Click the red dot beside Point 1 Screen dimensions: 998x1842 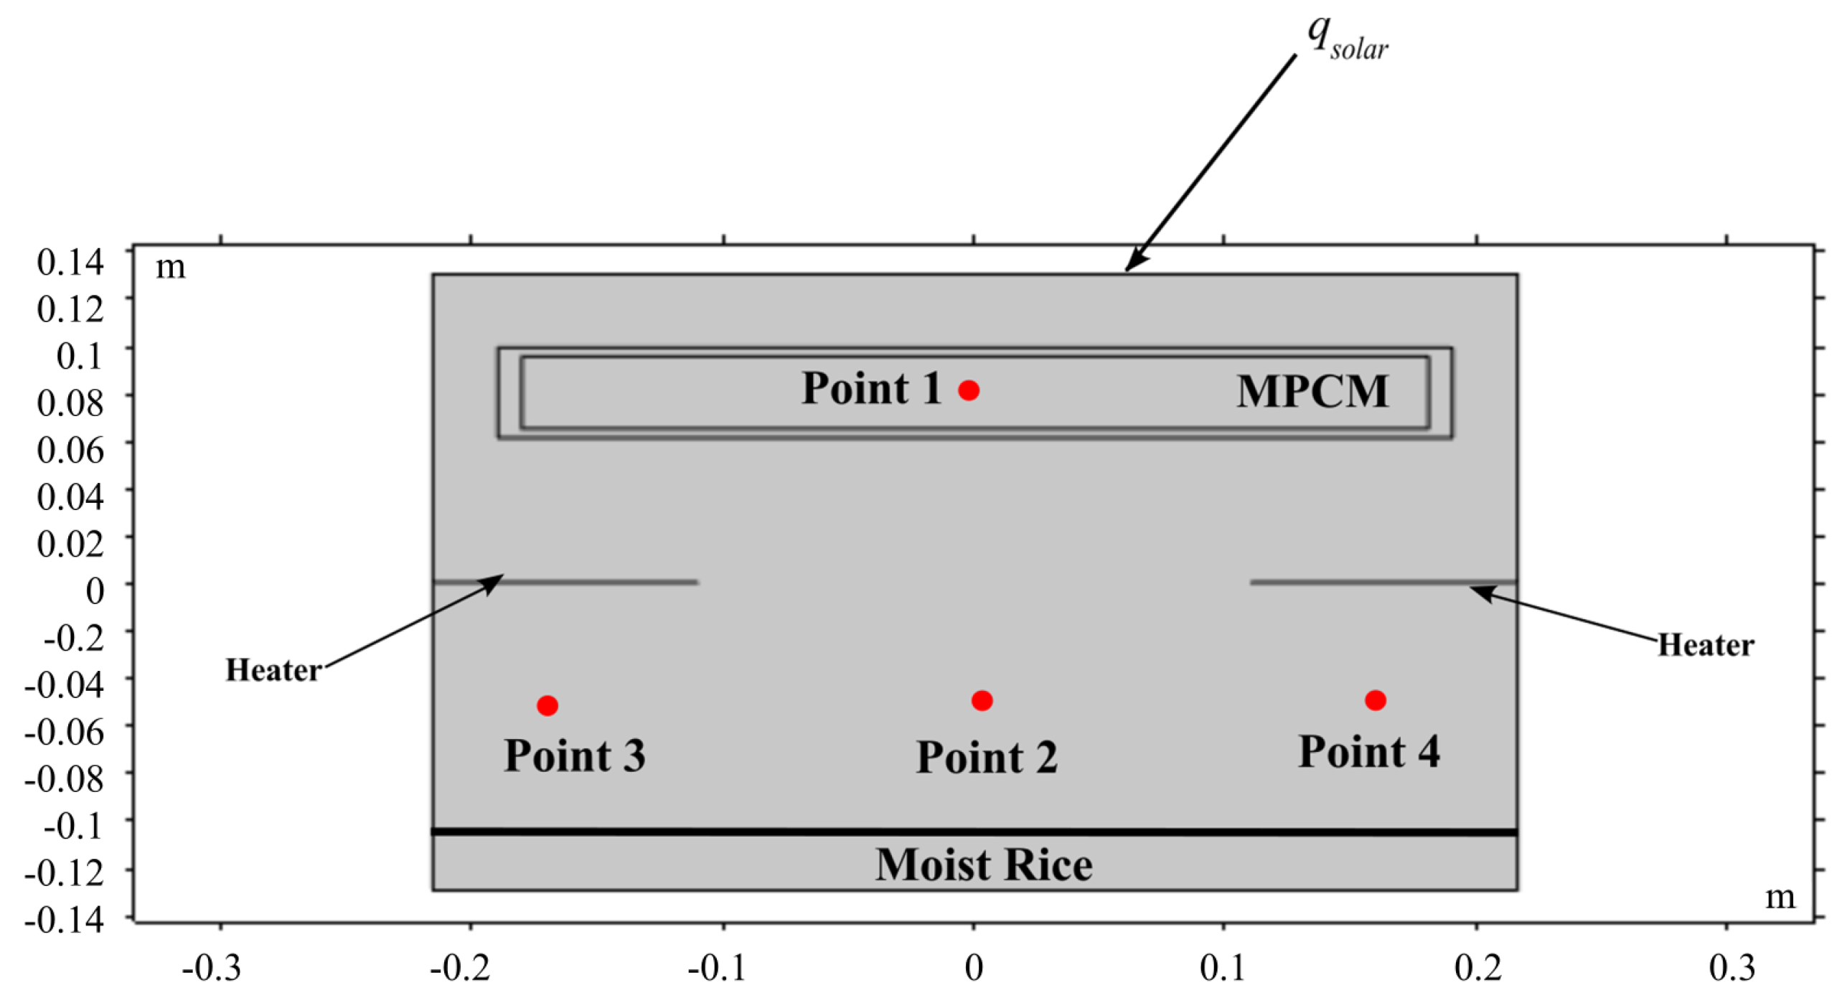968,390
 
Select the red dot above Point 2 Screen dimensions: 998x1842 982,700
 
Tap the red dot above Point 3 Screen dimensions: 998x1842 547,705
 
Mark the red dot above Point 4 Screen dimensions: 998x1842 1375,700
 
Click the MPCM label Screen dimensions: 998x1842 1312,392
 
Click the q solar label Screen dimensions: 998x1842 1347,37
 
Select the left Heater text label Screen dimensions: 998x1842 273,670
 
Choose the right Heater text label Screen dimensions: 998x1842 1705,645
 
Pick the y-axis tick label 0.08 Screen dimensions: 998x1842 70,403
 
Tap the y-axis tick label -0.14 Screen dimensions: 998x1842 65,919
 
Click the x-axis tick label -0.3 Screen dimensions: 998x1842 211,969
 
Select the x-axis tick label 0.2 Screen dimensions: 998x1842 1477,969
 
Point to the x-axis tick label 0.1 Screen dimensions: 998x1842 1223,969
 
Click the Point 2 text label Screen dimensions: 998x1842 987,757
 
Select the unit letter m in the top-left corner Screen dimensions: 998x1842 171,267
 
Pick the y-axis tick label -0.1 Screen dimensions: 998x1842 74,826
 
